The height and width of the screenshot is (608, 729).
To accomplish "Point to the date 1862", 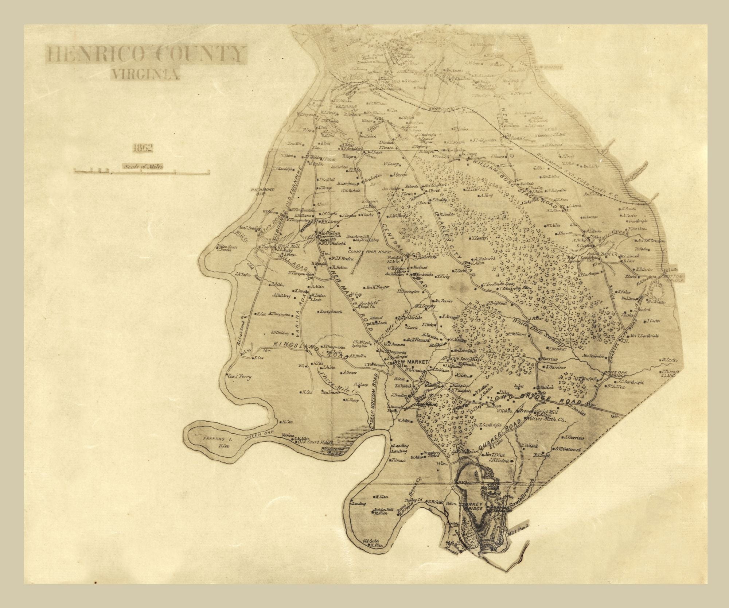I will point(143,147).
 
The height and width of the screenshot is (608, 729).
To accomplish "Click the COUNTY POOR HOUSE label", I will point(370,252).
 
